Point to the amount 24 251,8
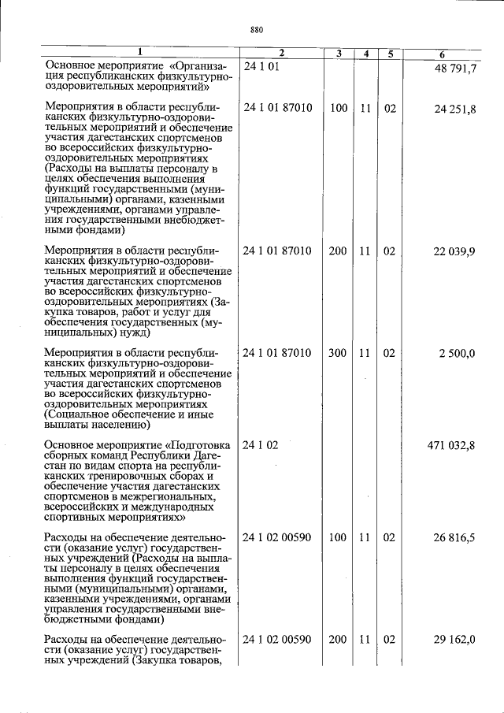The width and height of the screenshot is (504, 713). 455,109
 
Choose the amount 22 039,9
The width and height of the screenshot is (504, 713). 455,251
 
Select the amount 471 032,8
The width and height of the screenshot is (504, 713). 452,446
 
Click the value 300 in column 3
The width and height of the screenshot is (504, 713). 337,354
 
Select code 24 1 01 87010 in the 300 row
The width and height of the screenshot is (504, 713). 278,354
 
